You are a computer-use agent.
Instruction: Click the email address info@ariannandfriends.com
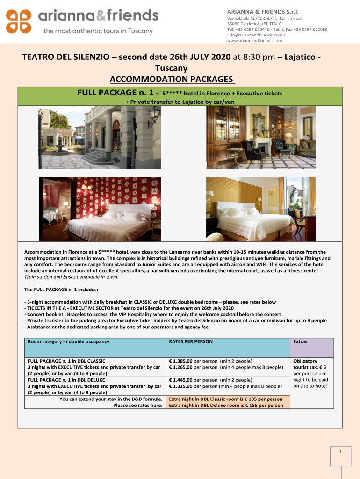[254, 35]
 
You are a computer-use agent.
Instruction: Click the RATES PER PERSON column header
[191, 341]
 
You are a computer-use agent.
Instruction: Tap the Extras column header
[300, 341]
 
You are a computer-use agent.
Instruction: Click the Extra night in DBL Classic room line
[225, 399]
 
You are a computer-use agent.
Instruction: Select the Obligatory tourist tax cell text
[310, 373]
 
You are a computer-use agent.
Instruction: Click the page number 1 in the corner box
[341, 451]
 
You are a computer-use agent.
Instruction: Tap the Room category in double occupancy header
[68, 341]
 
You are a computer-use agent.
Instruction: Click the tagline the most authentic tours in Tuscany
[98, 31]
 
